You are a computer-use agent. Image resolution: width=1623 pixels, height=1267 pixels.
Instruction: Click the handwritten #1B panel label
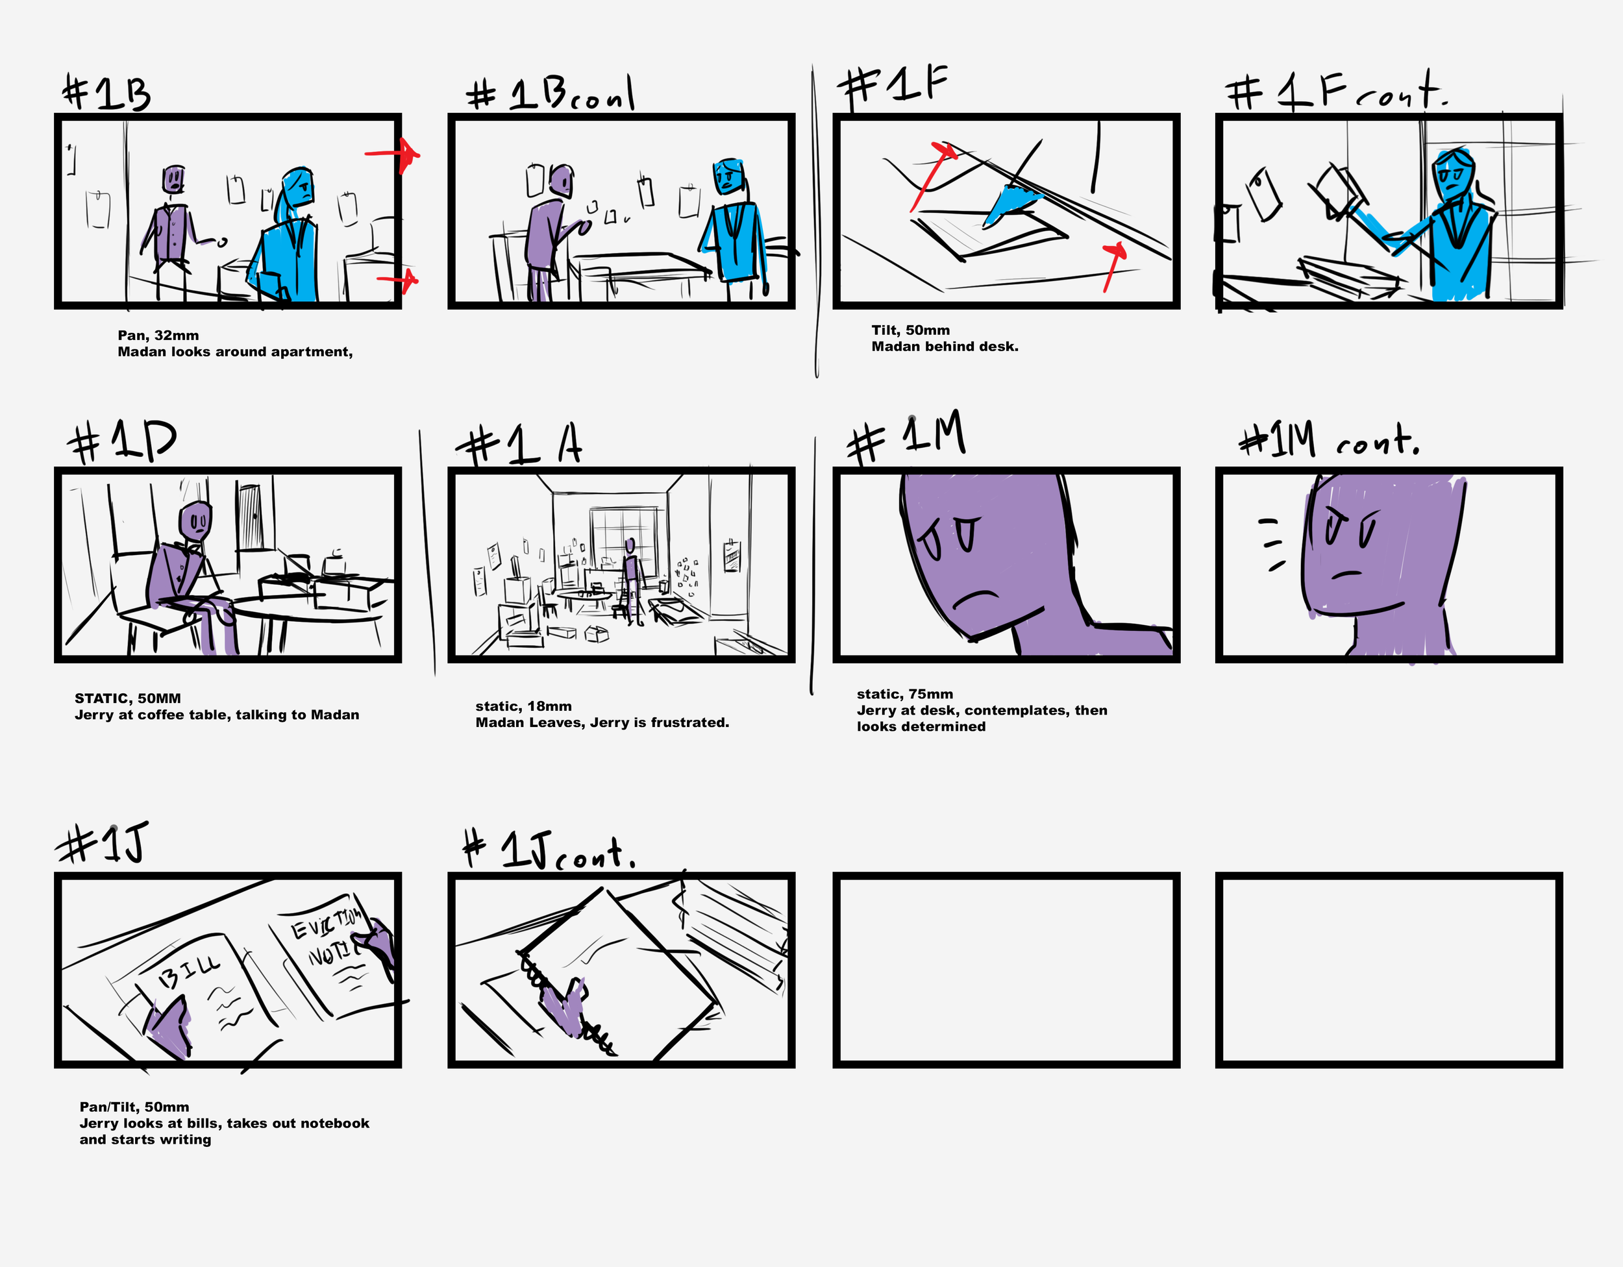(106, 93)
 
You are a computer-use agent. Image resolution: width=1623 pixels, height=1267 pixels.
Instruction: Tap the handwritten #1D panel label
(121, 441)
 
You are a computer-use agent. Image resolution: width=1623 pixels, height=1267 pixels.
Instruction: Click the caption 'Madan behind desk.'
(945, 347)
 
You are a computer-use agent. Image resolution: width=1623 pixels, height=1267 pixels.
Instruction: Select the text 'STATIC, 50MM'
(128, 698)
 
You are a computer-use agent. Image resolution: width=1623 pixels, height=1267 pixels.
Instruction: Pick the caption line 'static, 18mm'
(524, 706)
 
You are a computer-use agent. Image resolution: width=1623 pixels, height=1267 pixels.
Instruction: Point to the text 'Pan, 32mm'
(158, 335)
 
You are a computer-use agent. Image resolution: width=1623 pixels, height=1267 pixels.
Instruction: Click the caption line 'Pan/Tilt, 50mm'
(134, 1107)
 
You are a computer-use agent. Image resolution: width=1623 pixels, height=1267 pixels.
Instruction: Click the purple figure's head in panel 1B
(173, 179)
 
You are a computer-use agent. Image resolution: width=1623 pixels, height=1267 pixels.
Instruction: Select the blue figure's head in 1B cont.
(728, 176)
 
